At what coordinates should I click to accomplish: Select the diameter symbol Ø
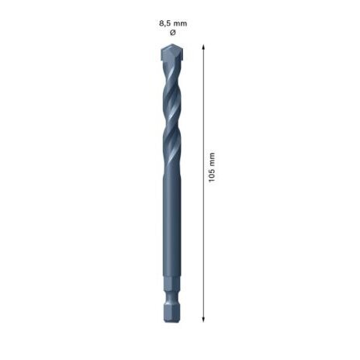tap(172, 33)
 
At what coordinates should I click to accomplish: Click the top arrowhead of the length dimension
tap(203, 47)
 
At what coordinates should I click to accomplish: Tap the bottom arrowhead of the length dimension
tap(203, 317)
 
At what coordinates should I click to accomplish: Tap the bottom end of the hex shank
tap(171, 317)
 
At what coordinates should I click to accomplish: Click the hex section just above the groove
tap(171, 287)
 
